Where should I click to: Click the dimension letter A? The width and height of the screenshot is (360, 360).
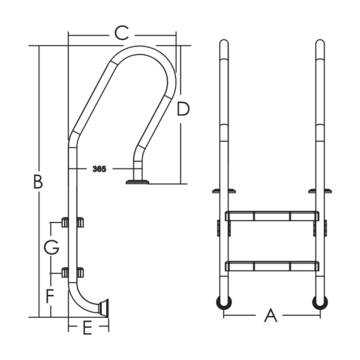click(x=271, y=315)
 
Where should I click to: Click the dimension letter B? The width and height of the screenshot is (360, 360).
click(x=38, y=182)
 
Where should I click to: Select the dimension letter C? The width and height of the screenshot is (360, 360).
click(x=121, y=33)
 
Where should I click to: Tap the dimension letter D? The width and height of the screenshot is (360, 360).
click(x=183, y=109)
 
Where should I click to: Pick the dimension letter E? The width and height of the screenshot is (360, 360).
click(x=87, y=329)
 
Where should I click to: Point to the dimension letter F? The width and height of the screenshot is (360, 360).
click(x=50, y=296)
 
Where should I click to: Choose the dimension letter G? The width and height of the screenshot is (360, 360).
click(x=51, y=248)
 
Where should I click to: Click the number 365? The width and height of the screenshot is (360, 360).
click(x=99, y=169)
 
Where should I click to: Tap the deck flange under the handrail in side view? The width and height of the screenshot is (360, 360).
click(x=137, y=181)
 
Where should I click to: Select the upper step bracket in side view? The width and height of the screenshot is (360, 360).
click(x=72, y=222)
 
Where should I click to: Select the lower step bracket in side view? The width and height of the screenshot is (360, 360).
click(x=72, y=273)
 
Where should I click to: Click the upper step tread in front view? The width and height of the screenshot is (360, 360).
click(x=272, y=216)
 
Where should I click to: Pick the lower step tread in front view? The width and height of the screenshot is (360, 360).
click(x=272, y=265)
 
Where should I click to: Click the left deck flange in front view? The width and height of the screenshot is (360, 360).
click(x=224, y=191)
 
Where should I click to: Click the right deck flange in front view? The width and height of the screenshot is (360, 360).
click(x=321, y=191)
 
